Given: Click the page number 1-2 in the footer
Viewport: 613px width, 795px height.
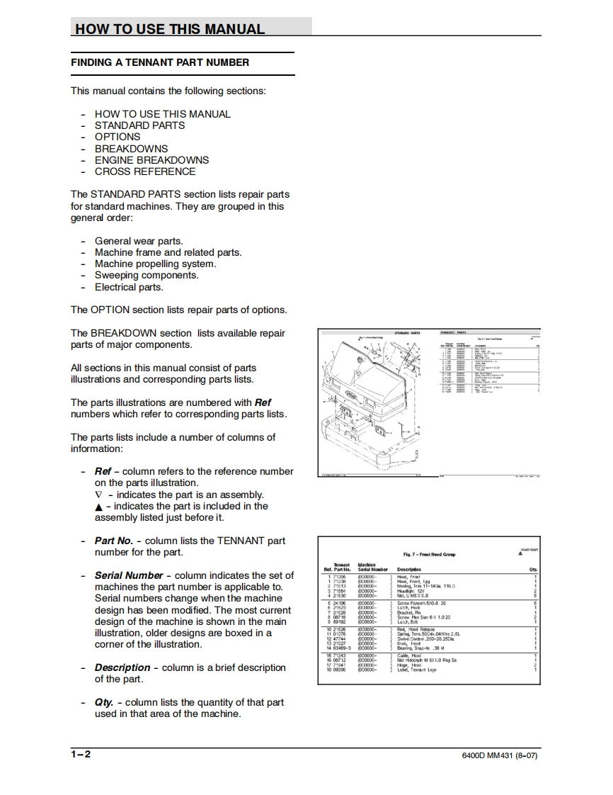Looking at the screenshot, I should [81, 755].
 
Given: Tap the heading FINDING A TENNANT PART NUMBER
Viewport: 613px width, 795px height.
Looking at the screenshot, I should [160, 62].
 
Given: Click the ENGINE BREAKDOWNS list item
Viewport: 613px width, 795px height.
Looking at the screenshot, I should [151, 160].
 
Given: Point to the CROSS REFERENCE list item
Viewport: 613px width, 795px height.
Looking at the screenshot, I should [145, 171].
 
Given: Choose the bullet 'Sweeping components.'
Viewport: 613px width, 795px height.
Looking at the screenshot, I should [147, 276].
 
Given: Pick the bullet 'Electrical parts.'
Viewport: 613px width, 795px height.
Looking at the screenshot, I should [129, 287].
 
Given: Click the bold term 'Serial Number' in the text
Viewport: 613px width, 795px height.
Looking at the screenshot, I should [129, 575].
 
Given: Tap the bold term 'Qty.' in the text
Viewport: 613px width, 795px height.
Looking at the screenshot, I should [104, 702].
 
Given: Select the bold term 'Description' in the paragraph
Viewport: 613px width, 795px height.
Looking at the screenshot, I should [122, 667].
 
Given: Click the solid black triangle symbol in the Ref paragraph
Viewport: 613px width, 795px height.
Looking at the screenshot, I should [98, 507].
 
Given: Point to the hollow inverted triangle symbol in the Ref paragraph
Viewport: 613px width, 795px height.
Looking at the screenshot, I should [98, 495].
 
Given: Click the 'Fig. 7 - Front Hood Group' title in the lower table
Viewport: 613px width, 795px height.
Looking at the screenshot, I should [429, 555].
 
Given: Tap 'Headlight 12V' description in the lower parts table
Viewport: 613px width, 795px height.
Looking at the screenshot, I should [411, 590].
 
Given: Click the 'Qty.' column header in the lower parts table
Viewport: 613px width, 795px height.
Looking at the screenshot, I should [533, 569].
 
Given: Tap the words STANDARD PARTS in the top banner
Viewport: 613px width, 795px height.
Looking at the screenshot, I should [406, 332].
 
